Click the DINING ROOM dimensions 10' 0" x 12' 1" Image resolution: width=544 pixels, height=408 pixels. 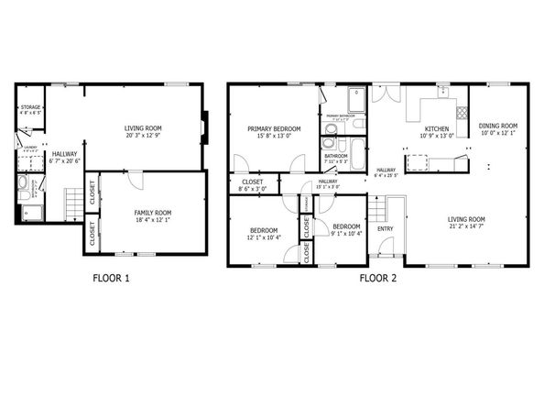498,134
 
